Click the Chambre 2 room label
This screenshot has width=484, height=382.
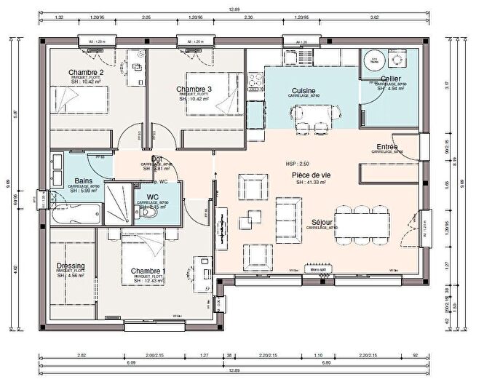pos(86,73)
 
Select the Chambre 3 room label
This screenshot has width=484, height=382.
pos(194,89)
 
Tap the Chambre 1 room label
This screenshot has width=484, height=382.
pos(148,271)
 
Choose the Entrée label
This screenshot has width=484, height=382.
pos(387,146)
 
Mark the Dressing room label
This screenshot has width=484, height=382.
pos(71,266)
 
